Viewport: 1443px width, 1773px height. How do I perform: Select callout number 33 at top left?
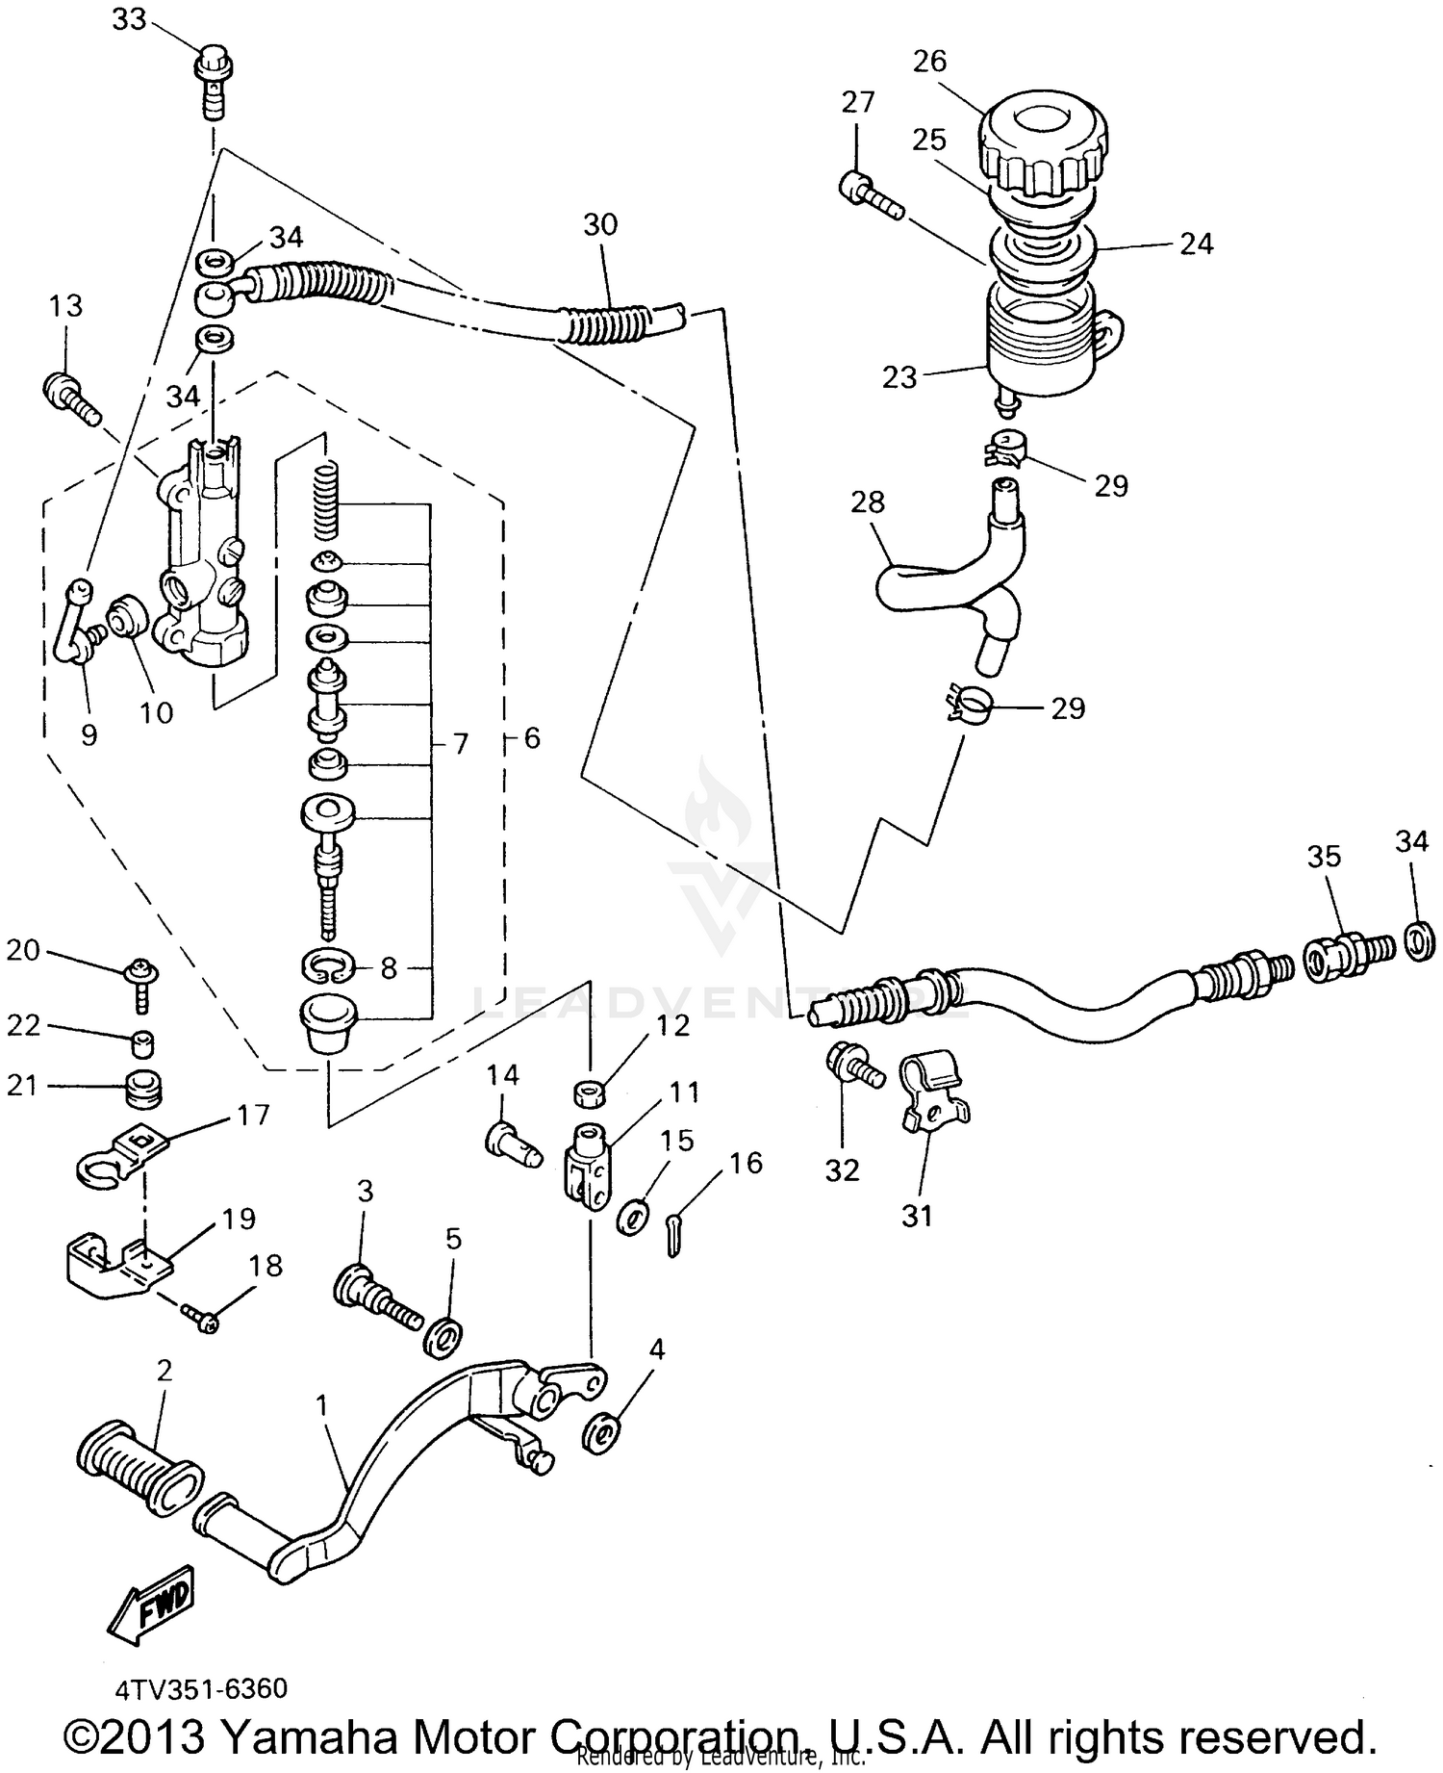(129, 18)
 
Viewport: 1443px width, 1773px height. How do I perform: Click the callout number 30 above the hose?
(599, 224)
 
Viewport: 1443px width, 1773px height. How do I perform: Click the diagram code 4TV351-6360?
(200, 1688)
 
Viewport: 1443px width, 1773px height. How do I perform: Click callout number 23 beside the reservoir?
(899, 377)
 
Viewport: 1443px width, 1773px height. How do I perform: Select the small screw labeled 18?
(204, 1320)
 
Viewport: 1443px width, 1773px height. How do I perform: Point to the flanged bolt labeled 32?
(852, 1066)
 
